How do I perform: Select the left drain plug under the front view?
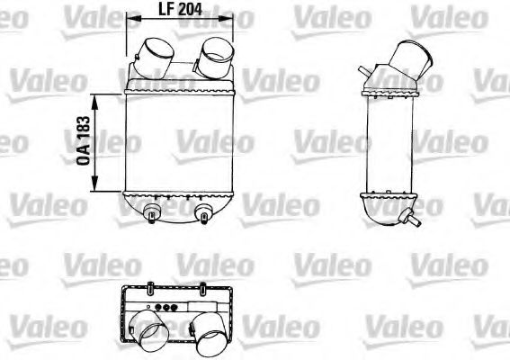pos(150,212)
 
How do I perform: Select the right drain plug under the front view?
pos(203,213)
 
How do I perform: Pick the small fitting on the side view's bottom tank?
pos(415,216)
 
